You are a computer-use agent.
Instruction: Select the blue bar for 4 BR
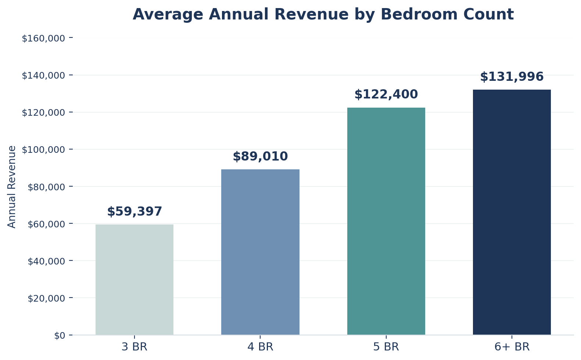tap(260, 252)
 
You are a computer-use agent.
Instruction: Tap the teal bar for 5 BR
tap(386, 221)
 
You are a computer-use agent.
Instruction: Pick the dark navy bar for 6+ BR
tap(512, 212)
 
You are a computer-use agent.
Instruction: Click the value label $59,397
tap(135, 212)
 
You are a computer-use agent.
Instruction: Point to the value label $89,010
tap(260, 156)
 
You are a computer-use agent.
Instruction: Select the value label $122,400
tap(386, 94)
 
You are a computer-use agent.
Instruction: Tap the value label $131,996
tap(512, 77)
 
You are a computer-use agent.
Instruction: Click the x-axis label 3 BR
tap(135, 347)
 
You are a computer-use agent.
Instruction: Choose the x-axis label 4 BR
tap(260, 347)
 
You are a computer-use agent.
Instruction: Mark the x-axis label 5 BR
tap(386, 347)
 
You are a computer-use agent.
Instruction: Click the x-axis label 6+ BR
tap(512, 347)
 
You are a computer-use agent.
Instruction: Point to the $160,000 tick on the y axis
tap(43, 38)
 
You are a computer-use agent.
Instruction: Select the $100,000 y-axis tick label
tap(43, 150)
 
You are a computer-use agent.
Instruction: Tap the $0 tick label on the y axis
tap(60, 335)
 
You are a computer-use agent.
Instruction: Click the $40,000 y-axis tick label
tap(46, 261)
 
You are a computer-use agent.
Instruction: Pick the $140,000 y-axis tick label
tap(43, 75)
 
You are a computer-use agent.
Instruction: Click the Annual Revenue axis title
tap(12, 187)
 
